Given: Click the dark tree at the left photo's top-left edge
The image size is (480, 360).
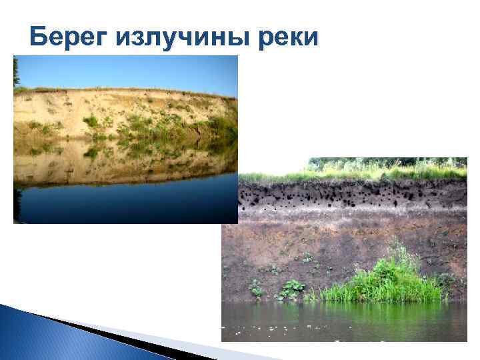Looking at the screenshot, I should point(16,72).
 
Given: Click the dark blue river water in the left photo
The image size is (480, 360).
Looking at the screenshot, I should point(127,203).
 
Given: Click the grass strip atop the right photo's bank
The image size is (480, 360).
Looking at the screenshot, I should point(353,175).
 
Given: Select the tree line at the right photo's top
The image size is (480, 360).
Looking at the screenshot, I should point(387,162).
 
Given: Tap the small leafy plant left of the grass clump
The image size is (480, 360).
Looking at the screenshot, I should point(291,289).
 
